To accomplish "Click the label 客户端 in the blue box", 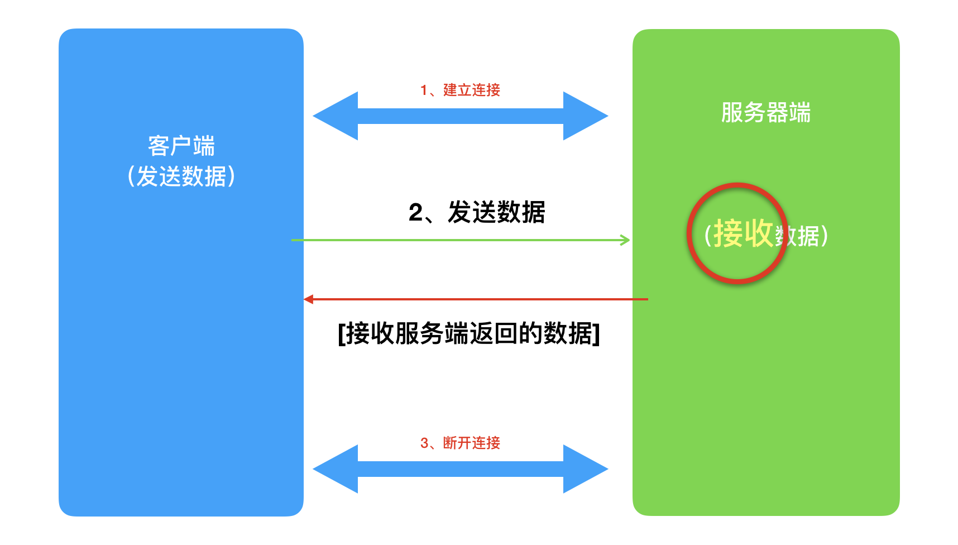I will (x=181, y=146).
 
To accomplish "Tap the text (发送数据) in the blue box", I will (x=181, y=176).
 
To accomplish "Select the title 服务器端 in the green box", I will (x=765, y=113).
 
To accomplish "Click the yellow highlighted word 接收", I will (x=743, y=233).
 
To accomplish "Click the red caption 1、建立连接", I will (x=460, y=90).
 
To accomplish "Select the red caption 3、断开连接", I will (x=460, y=443).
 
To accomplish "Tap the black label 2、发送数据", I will (x=477, y=213).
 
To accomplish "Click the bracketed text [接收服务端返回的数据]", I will (x=469, y=334).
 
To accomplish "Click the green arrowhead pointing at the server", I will (x=625, y=240).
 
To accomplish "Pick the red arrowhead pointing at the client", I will (x=308, y=299).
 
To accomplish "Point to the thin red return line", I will (x=475, y=299).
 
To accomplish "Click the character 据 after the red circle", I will (x=808, y=236).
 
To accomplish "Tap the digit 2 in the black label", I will (x=416, y=213).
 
